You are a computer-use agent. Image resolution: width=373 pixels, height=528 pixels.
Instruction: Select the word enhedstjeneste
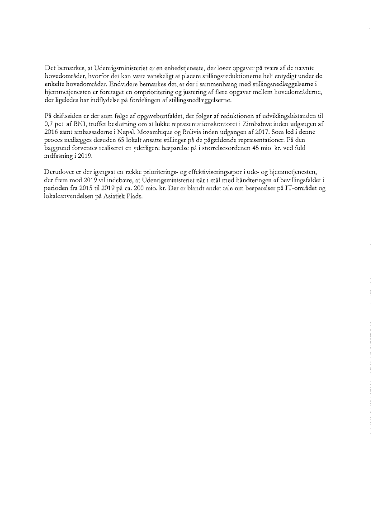click(181, 68)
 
